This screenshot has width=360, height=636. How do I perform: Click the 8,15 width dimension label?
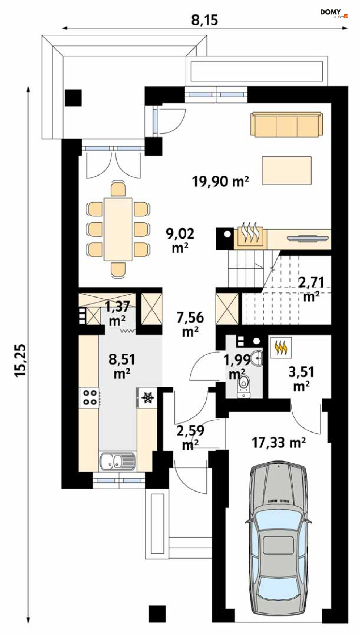click(x=204, y=20)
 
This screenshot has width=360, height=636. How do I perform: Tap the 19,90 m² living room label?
click(x=220, y=181)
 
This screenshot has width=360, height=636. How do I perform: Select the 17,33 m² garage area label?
click(x=279, y=442)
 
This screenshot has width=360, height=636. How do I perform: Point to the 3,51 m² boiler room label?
click(x=301, y=379)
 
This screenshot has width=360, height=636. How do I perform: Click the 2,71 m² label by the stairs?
click(x=311, y=289)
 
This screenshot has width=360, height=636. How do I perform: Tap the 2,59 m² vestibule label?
click(x=190, y=437)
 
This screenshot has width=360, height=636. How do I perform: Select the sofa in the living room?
click(x=287, y=125)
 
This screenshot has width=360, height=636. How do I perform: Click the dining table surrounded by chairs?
click(x=118, y=229)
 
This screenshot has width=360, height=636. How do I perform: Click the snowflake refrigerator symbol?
click(x=148, y=397)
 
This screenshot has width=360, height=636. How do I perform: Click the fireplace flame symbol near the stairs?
click(x=250, y=232)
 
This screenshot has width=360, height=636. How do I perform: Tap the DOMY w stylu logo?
click(x=334, y=14)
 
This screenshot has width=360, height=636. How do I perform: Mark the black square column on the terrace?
click(x=73, y=98)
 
